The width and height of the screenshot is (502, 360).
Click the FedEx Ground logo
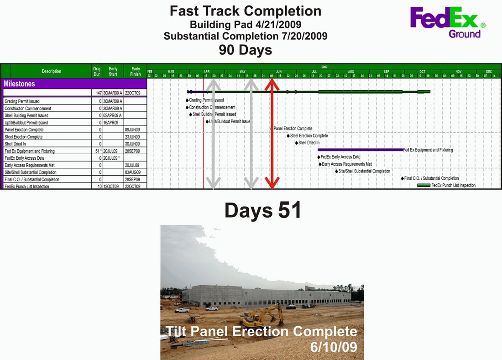(447, 22)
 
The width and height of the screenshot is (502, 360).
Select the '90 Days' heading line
(245, 49)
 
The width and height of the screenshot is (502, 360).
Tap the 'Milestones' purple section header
(20, 84)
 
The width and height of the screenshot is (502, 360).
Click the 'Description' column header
(51, 71)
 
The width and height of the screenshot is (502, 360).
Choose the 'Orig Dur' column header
(96, 71)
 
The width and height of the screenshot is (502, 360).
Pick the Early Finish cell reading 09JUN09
(132, 130)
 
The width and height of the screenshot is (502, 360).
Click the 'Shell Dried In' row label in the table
(15, 144)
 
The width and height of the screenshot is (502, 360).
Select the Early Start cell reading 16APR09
(110, 123)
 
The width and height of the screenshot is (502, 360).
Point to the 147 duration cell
(99, 93)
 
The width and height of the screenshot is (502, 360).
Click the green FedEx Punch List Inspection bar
(424, 185)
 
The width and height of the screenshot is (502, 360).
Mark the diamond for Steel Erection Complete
(288, 136)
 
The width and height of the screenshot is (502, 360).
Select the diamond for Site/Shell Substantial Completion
(337, 171)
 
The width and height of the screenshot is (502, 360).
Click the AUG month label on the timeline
(350, 72)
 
